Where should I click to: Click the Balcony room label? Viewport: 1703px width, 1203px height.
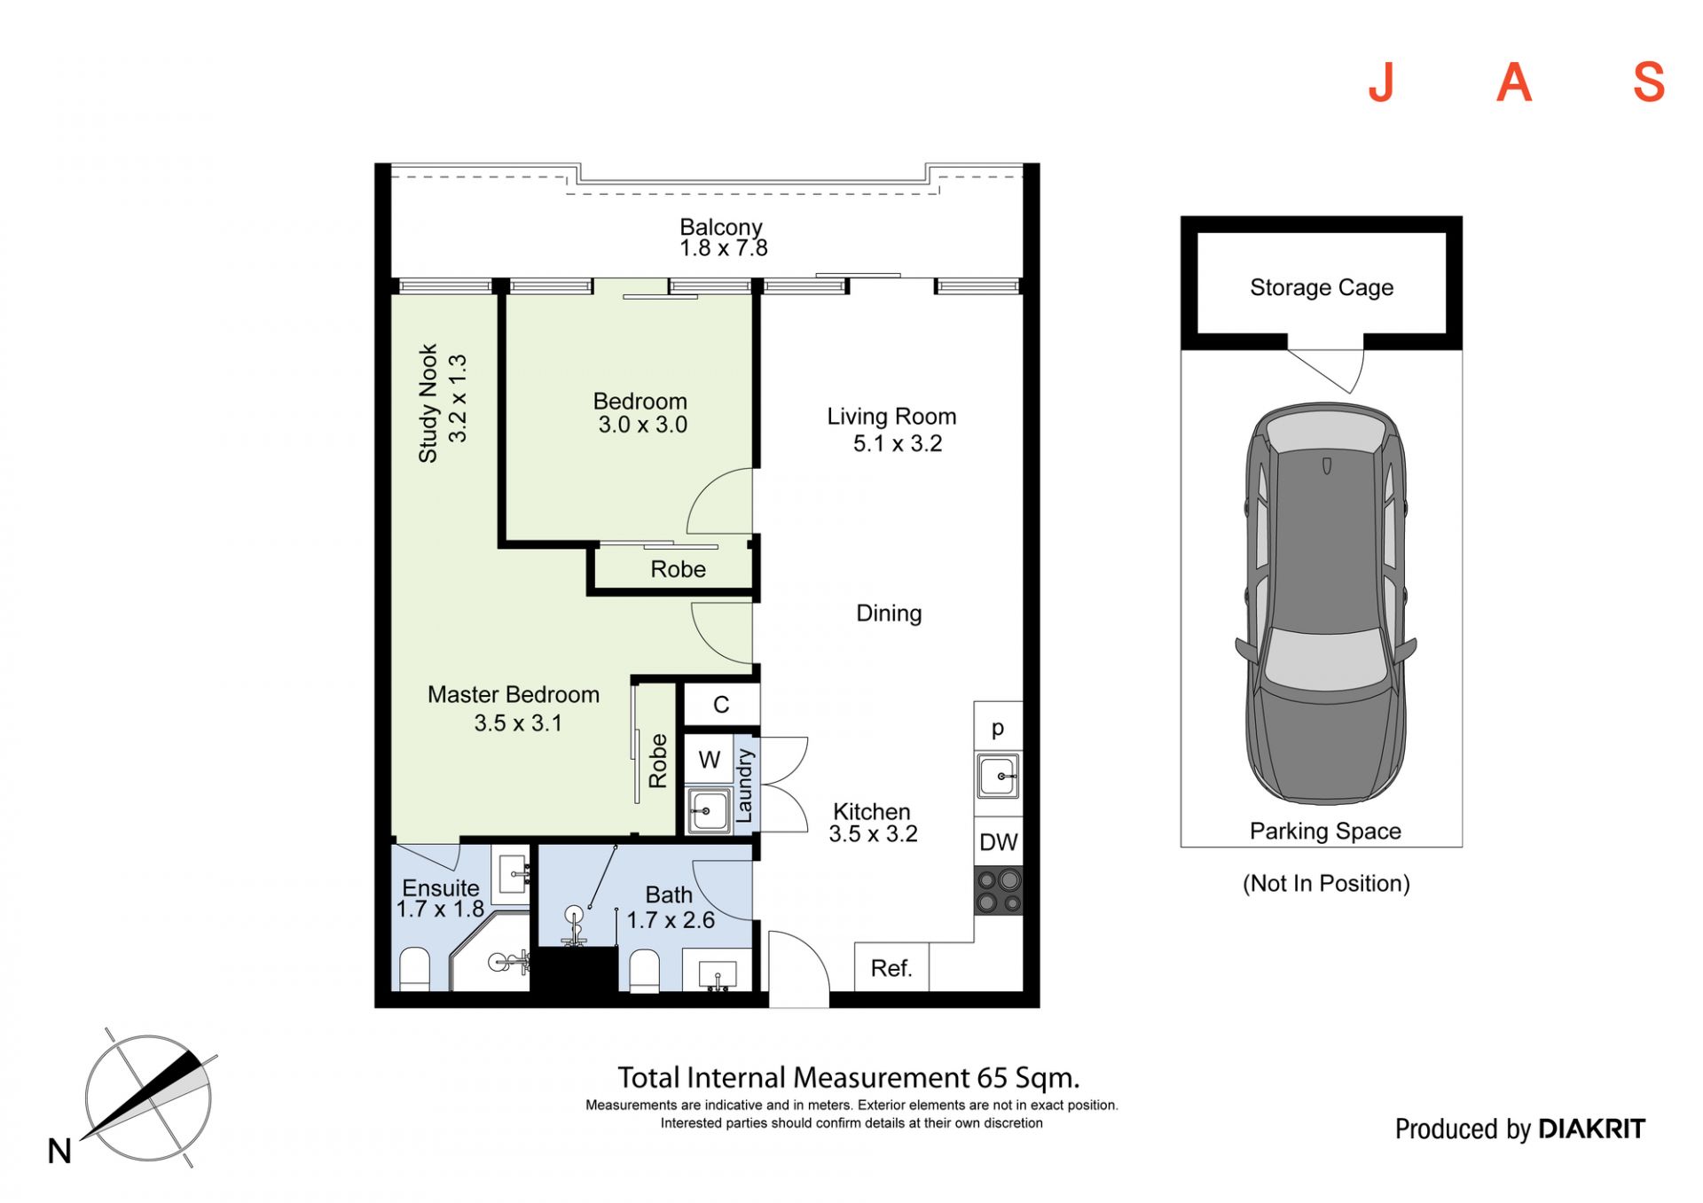(x=720, y=228)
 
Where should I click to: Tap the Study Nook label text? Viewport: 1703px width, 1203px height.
(x=428, y=403)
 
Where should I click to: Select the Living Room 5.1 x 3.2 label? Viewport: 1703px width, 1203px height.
(x=892, y=430)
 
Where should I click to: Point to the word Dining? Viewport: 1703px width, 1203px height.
(x=889, y=613)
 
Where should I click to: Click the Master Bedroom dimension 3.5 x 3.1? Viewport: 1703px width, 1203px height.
(x=518, y=723)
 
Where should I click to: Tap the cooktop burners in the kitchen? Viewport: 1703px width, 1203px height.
(x=999, y=890)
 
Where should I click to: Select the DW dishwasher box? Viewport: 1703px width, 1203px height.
(x=999, y=841)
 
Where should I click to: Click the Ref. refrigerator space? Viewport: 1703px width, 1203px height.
(x=891, y=967)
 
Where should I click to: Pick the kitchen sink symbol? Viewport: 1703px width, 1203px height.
(x=999, y=777)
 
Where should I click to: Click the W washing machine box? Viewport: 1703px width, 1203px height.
(x=710, y=759)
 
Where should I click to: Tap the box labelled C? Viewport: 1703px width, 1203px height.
(x=721, y=705)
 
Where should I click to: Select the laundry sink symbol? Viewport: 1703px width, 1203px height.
(x=710, y=810)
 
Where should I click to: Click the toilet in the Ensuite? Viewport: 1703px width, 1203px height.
(x=414, y=969)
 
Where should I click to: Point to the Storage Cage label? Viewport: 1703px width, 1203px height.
(x=1322, y=287)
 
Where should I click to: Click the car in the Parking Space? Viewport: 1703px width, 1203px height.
(x=1326, y=604)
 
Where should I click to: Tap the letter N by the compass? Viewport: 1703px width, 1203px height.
(x=59, y=1152)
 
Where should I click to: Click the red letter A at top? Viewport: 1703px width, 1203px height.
(x=1514, y=83)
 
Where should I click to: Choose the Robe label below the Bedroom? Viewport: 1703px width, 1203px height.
(x=679, y=569)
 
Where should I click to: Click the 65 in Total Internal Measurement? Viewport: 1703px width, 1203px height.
(x=993, y=1078)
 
